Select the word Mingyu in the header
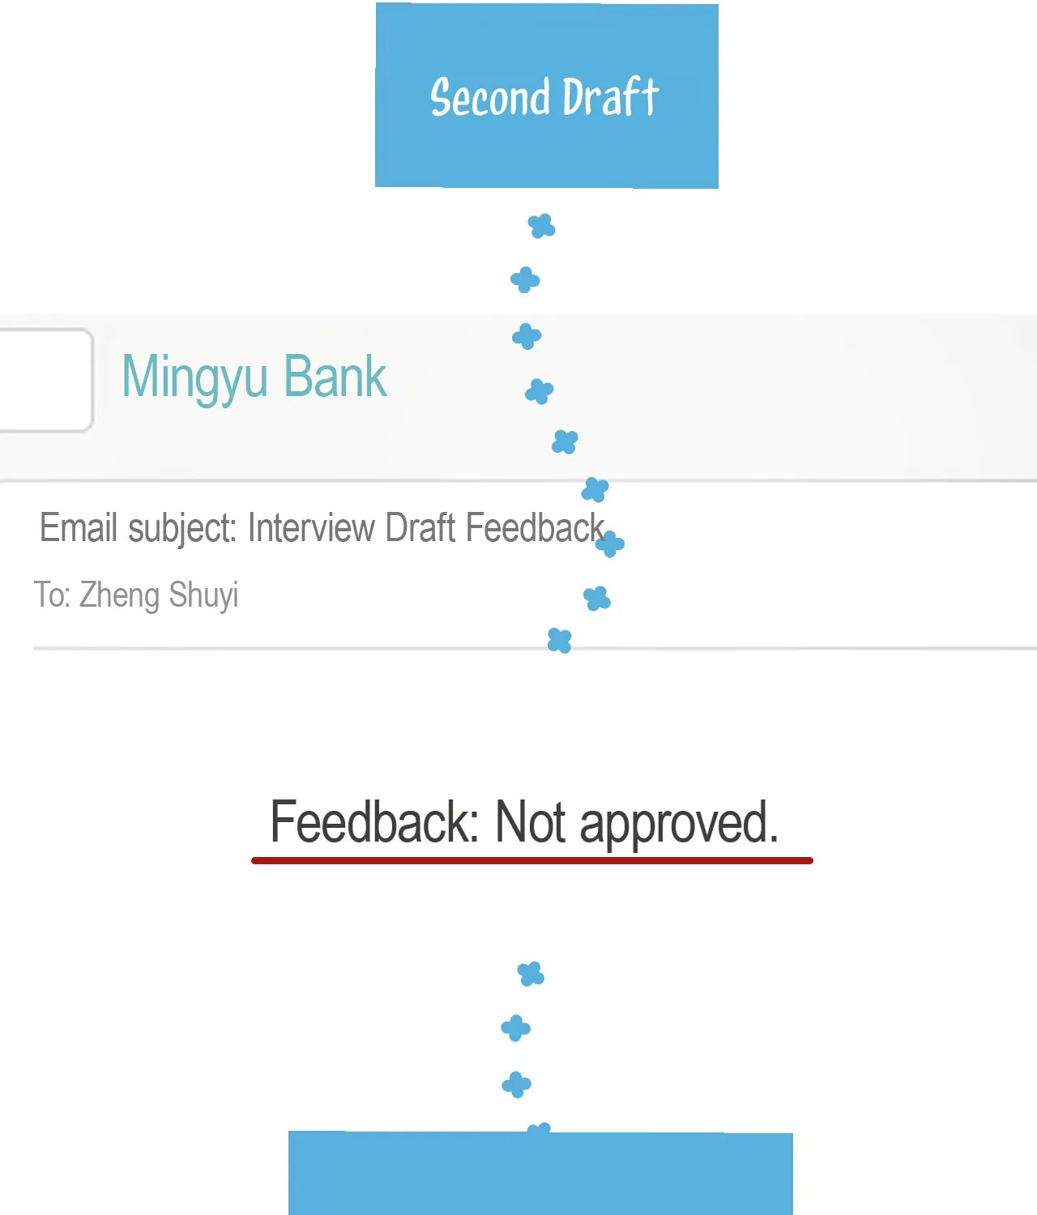[194, 377]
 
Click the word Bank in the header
[335, 376]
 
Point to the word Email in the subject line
[79, 527]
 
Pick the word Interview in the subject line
[311, 527]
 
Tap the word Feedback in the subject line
[535, 527]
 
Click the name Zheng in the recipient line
[119, 595]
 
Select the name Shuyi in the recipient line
[203, 595]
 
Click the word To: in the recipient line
[53, 595]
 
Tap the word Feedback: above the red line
[374, 821]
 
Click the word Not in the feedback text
[531, 822]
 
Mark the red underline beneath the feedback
[532, 860]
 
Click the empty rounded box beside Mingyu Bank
[46, 381]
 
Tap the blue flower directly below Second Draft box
[541, 226]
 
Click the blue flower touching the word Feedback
[610, 544]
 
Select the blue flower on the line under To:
[560, 640]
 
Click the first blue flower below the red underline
[531, 974]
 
